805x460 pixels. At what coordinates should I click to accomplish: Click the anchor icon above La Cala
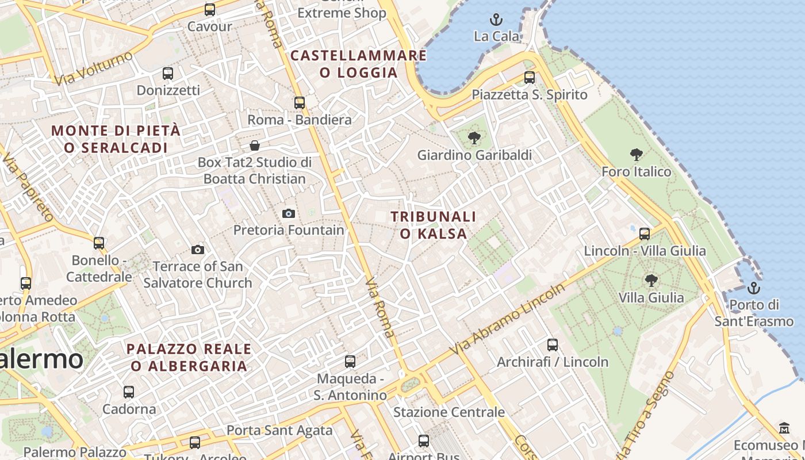[496, 20]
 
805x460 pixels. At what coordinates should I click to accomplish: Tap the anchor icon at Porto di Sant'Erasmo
[753, 288]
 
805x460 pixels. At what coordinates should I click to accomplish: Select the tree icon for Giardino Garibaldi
[474, 138]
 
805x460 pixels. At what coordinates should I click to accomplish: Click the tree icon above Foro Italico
[636, 155]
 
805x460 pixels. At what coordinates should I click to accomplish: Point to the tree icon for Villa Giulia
[651, 281]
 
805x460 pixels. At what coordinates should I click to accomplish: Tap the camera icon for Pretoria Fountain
[289, 214]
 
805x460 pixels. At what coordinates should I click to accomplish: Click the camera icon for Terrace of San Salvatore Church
[198, 250]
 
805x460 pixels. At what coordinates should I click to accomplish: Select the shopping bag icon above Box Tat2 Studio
[254, 145]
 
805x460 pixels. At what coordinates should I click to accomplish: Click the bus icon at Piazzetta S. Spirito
[530, 78]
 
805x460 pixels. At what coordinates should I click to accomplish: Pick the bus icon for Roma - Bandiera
[300, 103]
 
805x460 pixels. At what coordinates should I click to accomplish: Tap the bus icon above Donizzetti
[168, 74]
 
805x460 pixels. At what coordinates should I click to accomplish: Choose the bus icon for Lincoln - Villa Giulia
[645, 234]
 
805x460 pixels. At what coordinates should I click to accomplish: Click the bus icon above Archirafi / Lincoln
[553, 345]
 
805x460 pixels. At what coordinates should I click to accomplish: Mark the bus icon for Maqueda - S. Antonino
[350, 362]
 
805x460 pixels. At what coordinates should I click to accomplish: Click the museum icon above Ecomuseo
[784, 428]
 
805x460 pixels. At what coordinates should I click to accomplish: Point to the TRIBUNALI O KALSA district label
[434, 225]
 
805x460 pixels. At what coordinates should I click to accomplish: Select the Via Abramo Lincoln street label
[508, 319]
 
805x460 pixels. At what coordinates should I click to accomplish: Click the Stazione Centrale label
[448, 412]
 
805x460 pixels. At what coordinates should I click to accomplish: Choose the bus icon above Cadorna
[129, 392]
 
